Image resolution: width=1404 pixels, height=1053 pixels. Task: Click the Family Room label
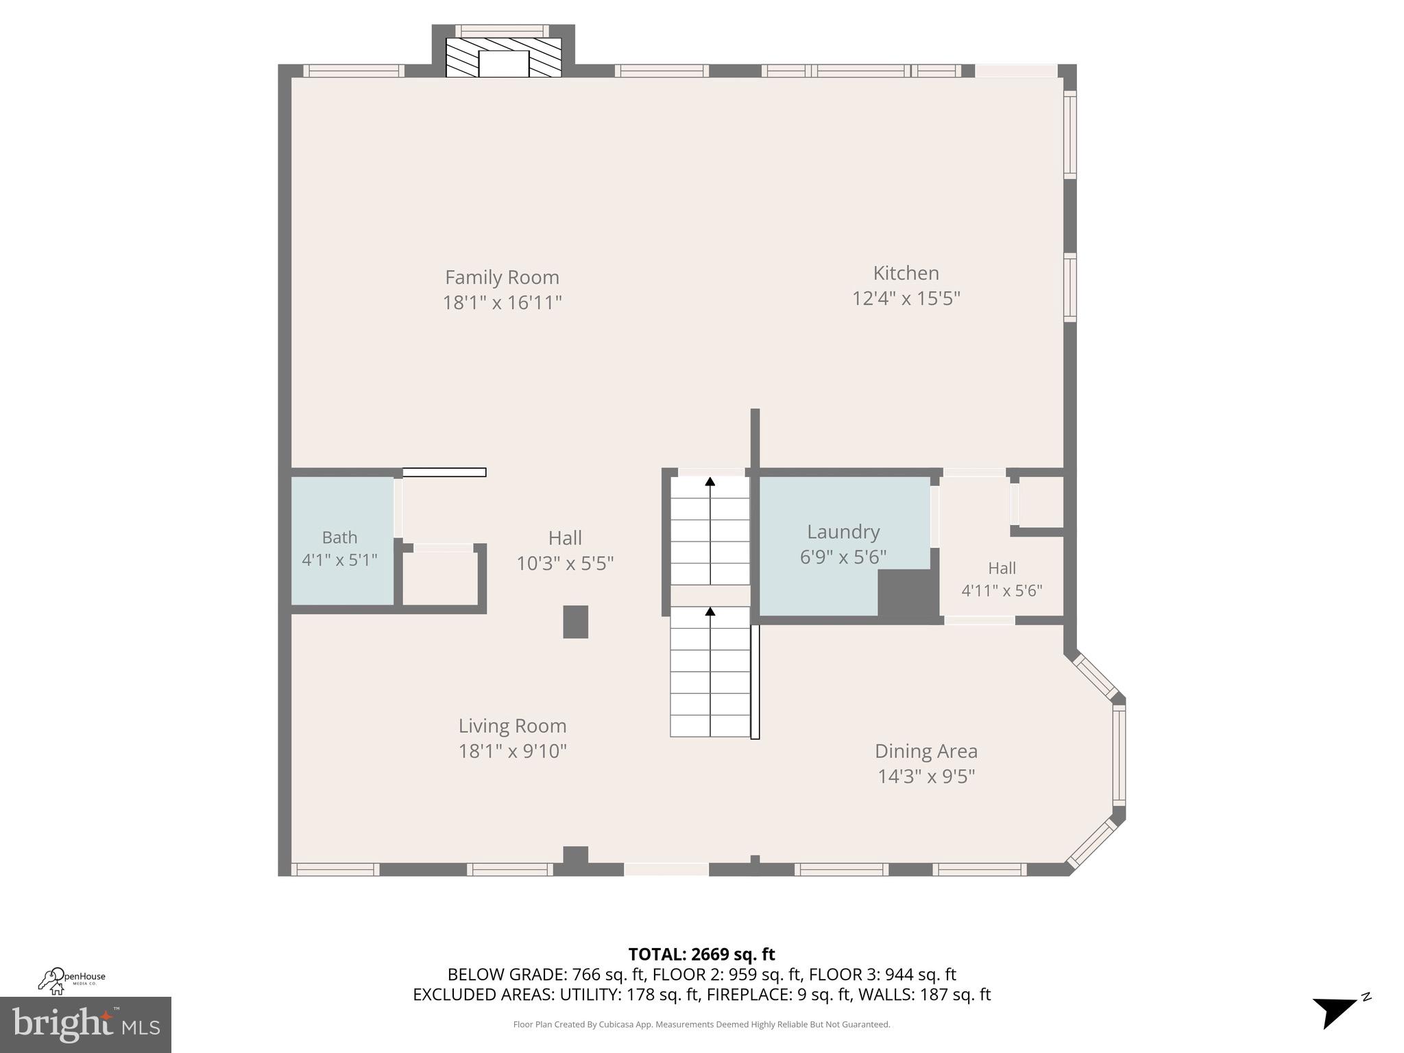(x=502, y=278)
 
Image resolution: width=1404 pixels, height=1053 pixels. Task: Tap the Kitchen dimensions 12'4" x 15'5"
(x=906, y=299)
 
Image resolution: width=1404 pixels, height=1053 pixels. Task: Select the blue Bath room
(x=341, y=542)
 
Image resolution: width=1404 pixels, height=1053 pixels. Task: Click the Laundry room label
(x=843, y=532)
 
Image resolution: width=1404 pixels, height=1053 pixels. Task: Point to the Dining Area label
(x=925, y=751)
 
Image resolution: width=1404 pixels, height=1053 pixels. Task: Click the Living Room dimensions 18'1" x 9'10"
(x=512, y=751)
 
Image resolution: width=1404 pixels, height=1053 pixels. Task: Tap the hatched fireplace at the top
(x=503, y=57)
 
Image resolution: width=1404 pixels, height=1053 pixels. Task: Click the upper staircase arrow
(x=710, y=482)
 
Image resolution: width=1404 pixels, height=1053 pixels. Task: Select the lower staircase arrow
(x=710, y=611)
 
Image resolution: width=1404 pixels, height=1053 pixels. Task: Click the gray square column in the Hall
(x=575, y=622)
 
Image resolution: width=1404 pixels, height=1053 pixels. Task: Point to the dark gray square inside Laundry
(x=908, y=593)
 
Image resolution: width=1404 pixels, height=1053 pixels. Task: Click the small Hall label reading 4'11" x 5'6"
(x=1002, y=590)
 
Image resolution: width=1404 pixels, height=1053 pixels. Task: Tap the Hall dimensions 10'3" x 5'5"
(x=565, y=564)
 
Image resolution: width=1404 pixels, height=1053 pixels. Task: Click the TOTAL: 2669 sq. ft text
(x=701, y=954)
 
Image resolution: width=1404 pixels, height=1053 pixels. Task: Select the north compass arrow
(x=1334, y=1012)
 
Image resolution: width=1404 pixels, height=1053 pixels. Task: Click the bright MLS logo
(x=85, y=1024)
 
